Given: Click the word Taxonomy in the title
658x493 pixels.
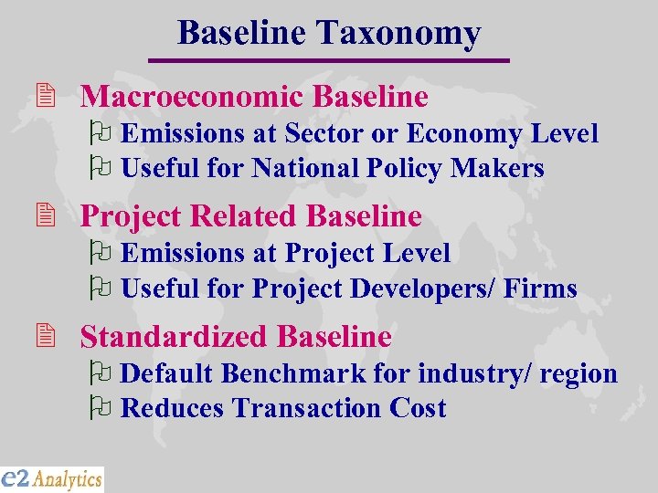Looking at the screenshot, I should point(398,34).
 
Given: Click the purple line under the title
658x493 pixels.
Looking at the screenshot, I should point(328,60).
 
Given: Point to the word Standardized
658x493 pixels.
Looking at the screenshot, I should point(174,337).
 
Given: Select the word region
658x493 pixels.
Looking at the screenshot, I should point(578,374).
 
